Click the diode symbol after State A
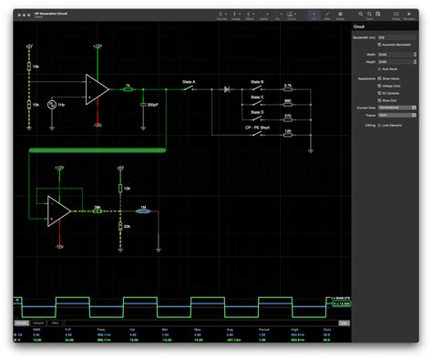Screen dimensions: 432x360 click(225, 89)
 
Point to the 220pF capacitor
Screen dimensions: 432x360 click(141, 104)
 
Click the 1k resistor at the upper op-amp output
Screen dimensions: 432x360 click(128, 89)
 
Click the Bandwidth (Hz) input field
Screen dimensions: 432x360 click(400, 37)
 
